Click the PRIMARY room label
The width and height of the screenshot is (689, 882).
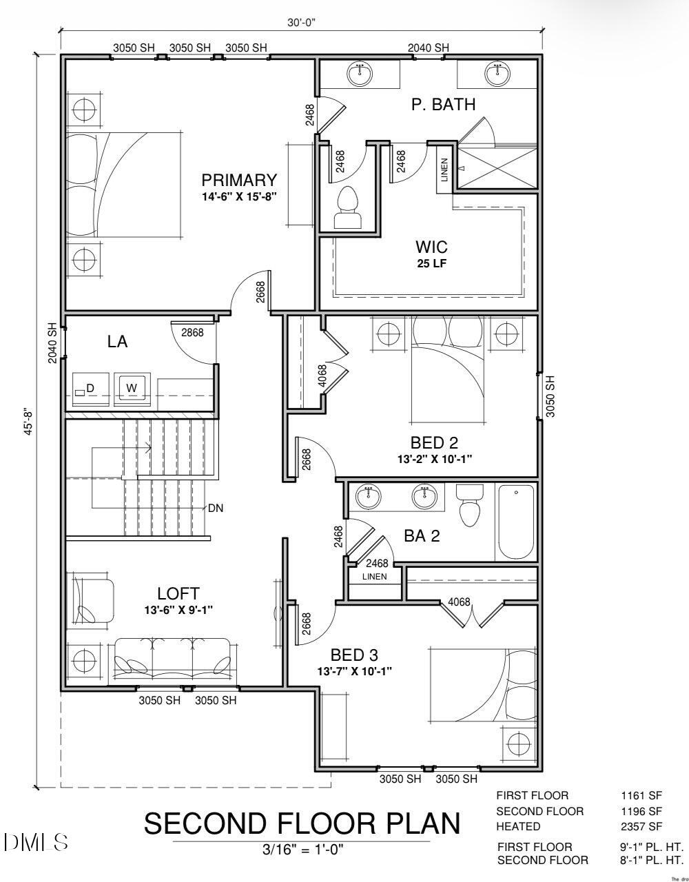(x=239, y=181)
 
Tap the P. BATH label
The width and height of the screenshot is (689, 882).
(x=443, y=105)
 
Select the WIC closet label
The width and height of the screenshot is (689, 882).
(x=431, y=247)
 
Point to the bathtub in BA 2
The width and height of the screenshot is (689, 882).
(x=515, y=522)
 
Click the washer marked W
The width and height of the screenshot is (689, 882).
(x=131, y=388)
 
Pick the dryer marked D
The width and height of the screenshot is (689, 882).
(x=90, y=389)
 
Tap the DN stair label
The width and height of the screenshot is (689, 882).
(x=216, y=508)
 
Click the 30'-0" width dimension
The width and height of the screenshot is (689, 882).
(x=302, y=22)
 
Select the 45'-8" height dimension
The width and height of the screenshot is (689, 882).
(x=28, y=422)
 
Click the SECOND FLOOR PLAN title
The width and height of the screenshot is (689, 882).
(x=302, y=823)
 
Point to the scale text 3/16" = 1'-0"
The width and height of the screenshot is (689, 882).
(x=302, y=850)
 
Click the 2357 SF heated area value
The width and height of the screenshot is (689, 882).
(x=641, y=826)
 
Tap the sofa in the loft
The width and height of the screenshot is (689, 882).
(x=173, y=660)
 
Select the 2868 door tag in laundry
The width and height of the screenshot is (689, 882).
(x=192, y=332)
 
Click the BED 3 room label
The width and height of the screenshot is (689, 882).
(x=354, y=655)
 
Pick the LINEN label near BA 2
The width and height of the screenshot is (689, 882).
(x=374, y=577)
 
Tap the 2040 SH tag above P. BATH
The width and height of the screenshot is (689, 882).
(x=428, y=48)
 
